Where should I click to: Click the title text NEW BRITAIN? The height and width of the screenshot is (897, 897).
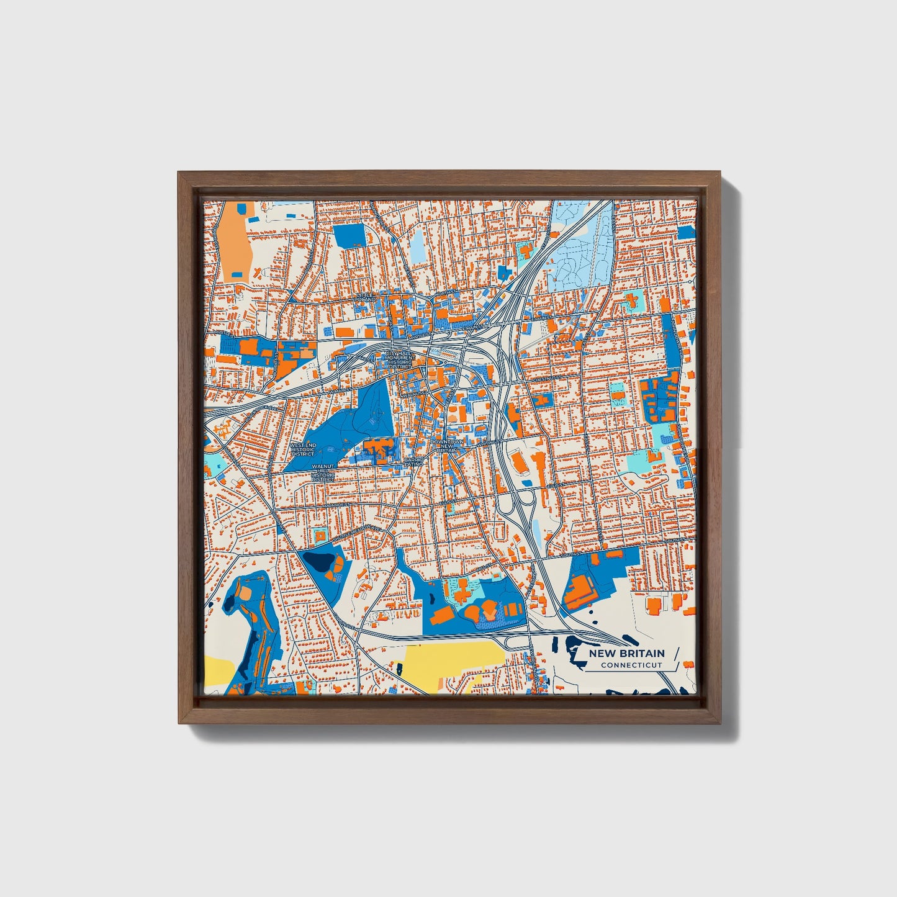click(x=626, y=653)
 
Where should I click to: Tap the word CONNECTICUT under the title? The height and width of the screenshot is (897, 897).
click(x=631, y=665)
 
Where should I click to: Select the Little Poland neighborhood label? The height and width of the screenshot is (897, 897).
click(x=365, y=297)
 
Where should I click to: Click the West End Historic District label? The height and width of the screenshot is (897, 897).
click(x=302, y=449)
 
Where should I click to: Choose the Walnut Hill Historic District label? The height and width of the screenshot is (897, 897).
click(x=323, y=472)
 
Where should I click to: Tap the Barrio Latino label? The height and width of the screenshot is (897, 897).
click(x=413, y=462)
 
